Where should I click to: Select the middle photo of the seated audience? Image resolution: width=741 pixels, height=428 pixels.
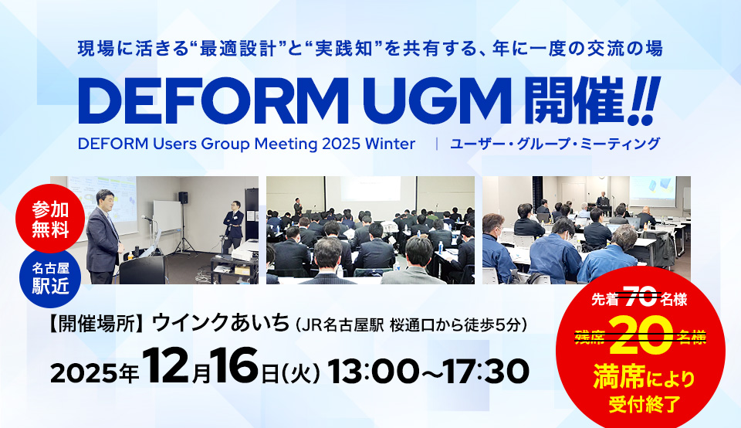pyautogui.click(x=370, y=230)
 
